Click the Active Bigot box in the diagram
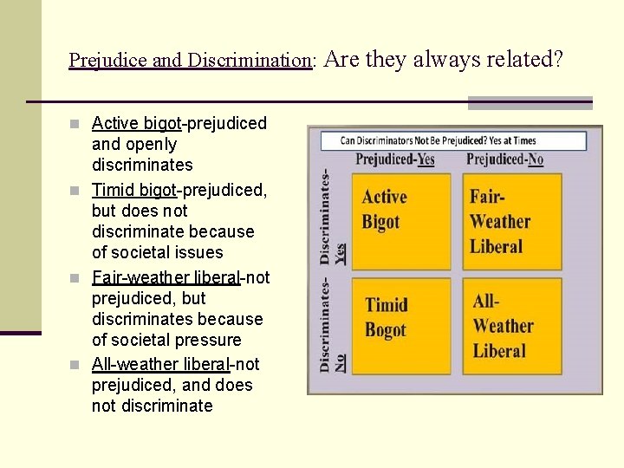[401, 221]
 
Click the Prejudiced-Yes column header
[395, 159]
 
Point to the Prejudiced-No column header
[505, 159]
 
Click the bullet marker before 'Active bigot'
[79, 124]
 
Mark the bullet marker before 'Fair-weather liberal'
[79, 278]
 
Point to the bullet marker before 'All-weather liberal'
[79, 365]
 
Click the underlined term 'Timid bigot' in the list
[133, 190]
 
